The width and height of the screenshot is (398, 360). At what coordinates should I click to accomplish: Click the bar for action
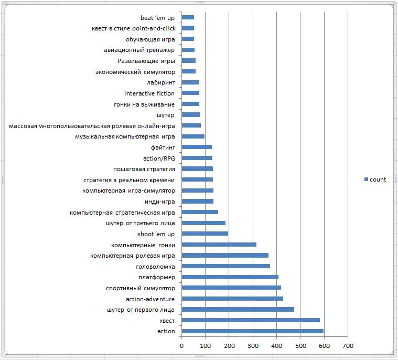click(252, 331)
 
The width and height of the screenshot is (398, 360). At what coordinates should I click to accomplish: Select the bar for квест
click(251, 320)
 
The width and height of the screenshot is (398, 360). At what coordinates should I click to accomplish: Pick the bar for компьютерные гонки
click(219, 245)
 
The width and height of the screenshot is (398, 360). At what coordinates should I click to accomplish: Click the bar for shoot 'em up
click(205, 234)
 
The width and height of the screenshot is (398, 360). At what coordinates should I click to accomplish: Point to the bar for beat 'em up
click(188, 17)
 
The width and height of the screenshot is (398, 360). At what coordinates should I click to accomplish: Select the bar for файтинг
click(197, 147)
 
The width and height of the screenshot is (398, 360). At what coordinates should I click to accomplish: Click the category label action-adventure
click(150, 299)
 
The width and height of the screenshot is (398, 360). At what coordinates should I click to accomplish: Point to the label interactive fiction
click(150, 93)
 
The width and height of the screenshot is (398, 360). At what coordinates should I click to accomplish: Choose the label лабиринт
click(161, 82)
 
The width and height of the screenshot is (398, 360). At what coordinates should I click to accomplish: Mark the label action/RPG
click(159, 158)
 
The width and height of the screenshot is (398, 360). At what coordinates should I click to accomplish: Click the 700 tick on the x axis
click(348, 346)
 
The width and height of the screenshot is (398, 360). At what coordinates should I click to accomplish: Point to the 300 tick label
click(253, 346)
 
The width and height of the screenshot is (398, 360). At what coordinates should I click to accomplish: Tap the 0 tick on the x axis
click(181, 346)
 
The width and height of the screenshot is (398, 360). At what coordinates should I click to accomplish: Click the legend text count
click(378, 179)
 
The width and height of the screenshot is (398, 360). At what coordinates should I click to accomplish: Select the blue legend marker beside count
click(366, 179)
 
